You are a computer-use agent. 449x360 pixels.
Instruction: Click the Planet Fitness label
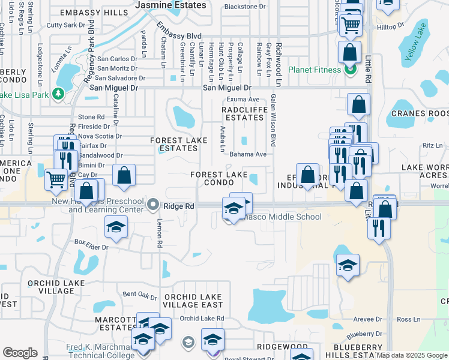tap(315, 70)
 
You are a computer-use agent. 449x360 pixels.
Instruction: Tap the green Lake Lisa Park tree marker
tap(58, 94)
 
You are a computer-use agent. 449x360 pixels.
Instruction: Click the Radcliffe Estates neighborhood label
tap(243, 114)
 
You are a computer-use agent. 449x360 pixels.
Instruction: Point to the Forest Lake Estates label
tap(178, 144)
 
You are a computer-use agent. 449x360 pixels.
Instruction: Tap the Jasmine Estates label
tap(170, 5)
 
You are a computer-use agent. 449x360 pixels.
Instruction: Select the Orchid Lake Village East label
tap(193, 301)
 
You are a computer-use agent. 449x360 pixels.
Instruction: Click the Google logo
tap(20, 353)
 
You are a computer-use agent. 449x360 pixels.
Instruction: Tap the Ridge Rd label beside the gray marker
tap(181, 206)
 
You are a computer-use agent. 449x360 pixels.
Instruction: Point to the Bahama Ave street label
tap(248, 154)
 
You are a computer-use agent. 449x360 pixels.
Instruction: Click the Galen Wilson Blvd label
tap(273, 120)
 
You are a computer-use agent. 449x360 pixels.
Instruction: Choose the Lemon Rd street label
tap(160, 233)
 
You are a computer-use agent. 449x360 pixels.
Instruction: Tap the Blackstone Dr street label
tap(244, 7)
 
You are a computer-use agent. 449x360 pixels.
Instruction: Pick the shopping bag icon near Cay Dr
tap(124, 176)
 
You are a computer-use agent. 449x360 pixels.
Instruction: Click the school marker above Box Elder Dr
tap(116, 227)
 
